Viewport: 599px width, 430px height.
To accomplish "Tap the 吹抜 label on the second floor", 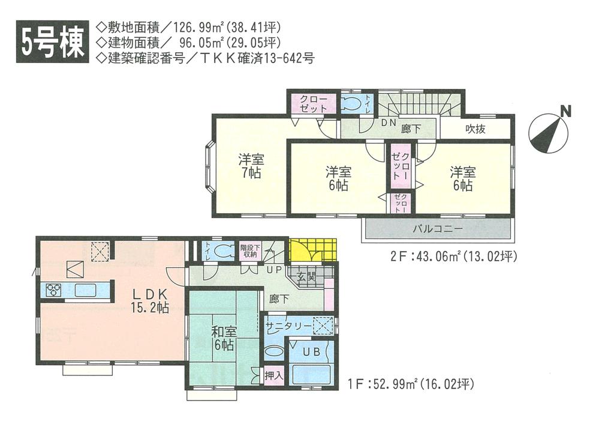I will [477, 127].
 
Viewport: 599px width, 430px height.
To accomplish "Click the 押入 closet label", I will [273, 374].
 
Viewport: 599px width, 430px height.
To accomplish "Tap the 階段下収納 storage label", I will [249, 250].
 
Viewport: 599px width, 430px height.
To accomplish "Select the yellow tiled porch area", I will [312, 250].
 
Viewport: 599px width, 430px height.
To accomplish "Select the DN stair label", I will [388, 123].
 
